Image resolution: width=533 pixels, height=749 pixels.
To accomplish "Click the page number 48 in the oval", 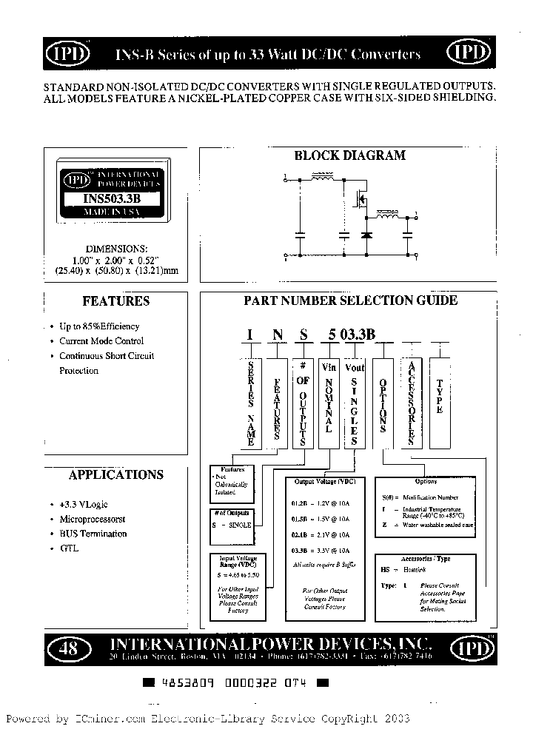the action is [x=67, y=649].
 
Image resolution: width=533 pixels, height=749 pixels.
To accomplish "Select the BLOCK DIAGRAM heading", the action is [x=349, y=155].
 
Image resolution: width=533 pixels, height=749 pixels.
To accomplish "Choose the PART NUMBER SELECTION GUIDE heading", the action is [x=351, y=300].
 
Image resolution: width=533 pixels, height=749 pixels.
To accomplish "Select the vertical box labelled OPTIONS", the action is [x=383, y=403].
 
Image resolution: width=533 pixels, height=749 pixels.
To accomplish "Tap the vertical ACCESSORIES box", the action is [x=412, y=403].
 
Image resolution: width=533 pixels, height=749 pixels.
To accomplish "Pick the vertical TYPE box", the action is [x=440, y=403].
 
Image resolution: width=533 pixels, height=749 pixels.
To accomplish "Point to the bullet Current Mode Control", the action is [x=101, y=341].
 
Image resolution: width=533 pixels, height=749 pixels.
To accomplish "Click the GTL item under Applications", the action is [x=69, y=548].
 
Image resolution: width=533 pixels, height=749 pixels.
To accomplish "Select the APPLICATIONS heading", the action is [x=116, y=474].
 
